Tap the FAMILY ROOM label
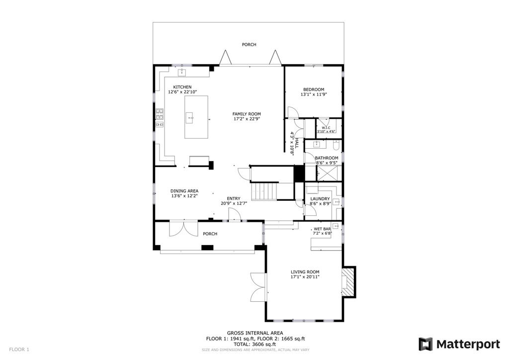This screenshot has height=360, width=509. (x=247, y=114)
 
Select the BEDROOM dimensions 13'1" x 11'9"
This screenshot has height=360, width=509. (x=314, y=94)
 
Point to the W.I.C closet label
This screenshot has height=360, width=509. (x=326, y=128)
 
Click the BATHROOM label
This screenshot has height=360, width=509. (x=327, y=158)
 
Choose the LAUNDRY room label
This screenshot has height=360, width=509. (x=320, y=199)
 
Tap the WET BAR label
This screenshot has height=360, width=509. (x=322, y=229)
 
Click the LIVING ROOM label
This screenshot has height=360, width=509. (x=305, y=272)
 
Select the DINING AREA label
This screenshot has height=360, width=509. (x=184, y=191)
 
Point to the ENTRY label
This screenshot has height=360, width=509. (x=234, y=198)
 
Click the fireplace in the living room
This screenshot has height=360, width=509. (x=349, y=282)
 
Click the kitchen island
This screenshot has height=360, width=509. (x=196, y=117)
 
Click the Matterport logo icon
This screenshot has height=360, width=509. (x=425, y=344)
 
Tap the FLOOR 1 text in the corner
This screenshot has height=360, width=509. (x=19, y=350)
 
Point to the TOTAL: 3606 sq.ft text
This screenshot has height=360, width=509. (x=255, y=344)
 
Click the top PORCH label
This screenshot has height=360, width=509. (x=249, y=45)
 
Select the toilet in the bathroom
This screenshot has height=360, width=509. (x=336, y=145)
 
